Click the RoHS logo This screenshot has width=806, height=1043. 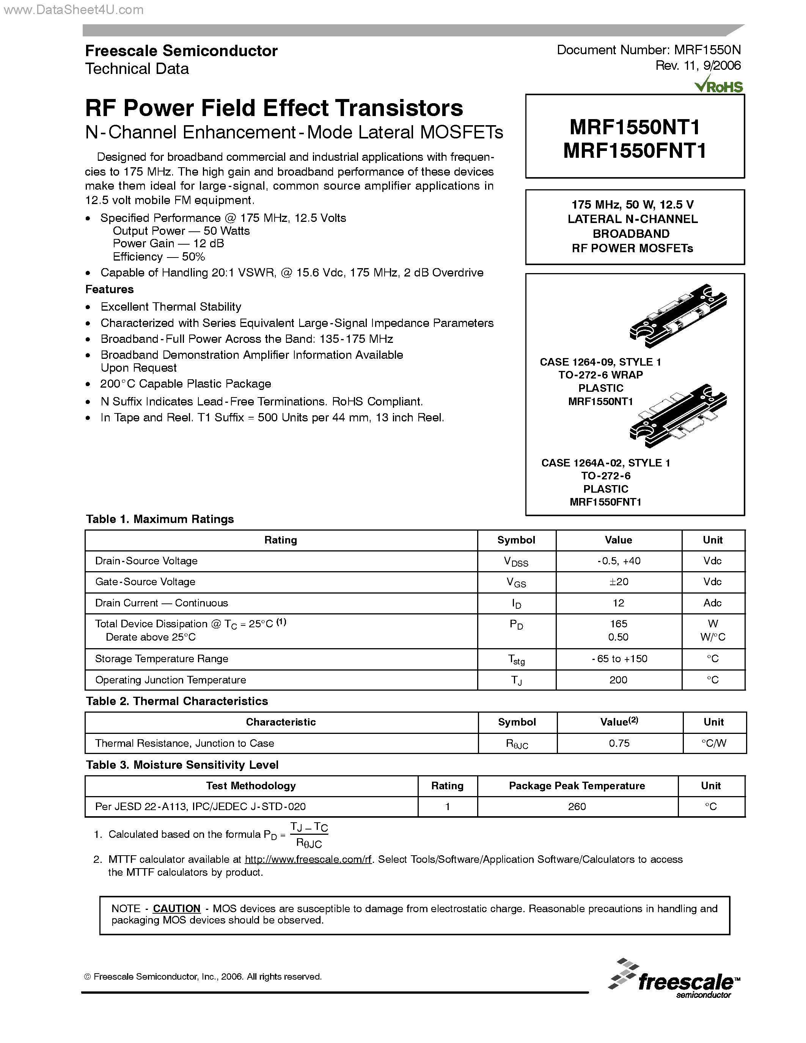tap(719, 86)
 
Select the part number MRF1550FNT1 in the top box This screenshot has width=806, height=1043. tap(635, 151)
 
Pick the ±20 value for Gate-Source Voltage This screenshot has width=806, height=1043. tap(618, 582)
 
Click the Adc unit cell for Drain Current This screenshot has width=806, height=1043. tap(712, 603)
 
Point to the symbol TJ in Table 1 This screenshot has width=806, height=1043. tap(516, 680)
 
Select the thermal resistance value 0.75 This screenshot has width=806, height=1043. tap(619, 743)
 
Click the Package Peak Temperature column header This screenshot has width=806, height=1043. tap(577, 785)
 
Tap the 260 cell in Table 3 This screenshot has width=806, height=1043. tap(577, 807)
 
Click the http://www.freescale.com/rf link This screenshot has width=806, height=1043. tap(308, 859)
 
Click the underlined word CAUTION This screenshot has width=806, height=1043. tap(176, 908)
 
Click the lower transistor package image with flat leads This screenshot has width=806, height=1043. tap(678, 415)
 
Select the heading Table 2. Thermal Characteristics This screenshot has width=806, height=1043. tap(177, 701)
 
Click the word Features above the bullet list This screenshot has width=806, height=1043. tap(109, 289)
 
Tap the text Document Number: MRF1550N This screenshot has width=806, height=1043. tap(649, 50)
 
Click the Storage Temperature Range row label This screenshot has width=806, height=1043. tap(162, 658)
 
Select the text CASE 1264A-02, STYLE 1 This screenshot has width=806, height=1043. tap(605, 463)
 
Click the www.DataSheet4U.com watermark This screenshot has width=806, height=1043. tap(72, 9)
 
